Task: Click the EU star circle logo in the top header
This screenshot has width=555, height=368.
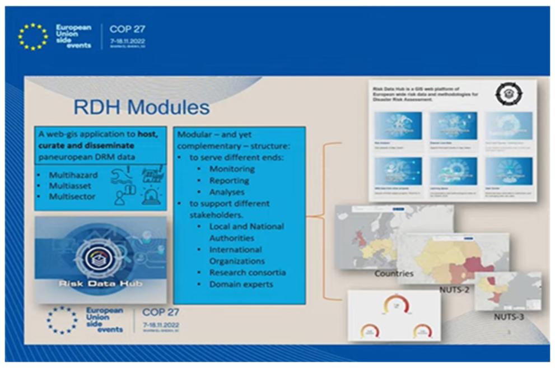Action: tap(32, 36)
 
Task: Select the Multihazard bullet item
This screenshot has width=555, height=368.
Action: tap(73, 175)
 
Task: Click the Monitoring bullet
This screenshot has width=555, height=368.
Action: tap(231, 169)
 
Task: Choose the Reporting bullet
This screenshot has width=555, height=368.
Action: tap(228, 180)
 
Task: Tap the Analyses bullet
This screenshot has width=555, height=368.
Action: tap(227, 192)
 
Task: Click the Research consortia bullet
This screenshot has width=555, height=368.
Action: tap(247, 272)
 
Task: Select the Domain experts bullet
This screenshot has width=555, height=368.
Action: tap(241, 285)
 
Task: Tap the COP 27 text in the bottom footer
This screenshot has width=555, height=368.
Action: tap(161, 313)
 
